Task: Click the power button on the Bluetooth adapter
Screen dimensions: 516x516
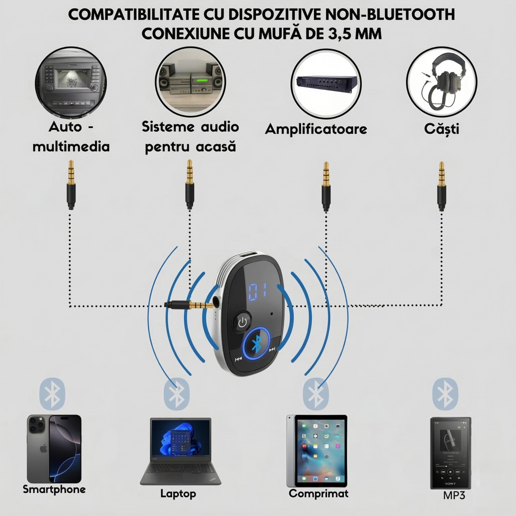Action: click(x=242, y=323)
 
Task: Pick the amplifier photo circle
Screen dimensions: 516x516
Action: click(x=326, y=84)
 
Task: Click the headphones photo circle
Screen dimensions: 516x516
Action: click(x=442, y=83)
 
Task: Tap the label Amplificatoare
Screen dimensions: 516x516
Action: click(x=316, y=129)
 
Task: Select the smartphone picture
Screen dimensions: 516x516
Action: click(x=54, y=449)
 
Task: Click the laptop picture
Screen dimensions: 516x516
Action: click(x=181, y=451)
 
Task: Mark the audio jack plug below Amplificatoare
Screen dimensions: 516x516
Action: click(x=326, y=187)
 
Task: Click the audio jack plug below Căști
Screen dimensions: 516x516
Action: click(x=441, y=187)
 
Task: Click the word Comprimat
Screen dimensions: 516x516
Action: click(x=318, y=494)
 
